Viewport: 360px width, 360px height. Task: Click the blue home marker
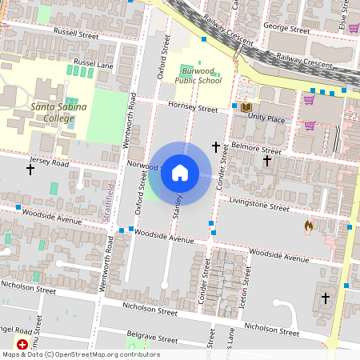pyautogui.click(x=180, y=173)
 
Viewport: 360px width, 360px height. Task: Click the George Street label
pyautogui.click(x=286, y=30)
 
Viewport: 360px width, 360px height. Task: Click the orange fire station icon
pyautogui.click(x=308, y=226)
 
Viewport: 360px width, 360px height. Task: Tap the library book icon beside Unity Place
pyautogui.click(x=245, y=107)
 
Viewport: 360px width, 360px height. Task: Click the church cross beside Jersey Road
pyautogui.click(x=30, y=170)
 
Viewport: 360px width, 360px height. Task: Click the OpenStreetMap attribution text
pyautogui.click(x=81, y=354)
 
